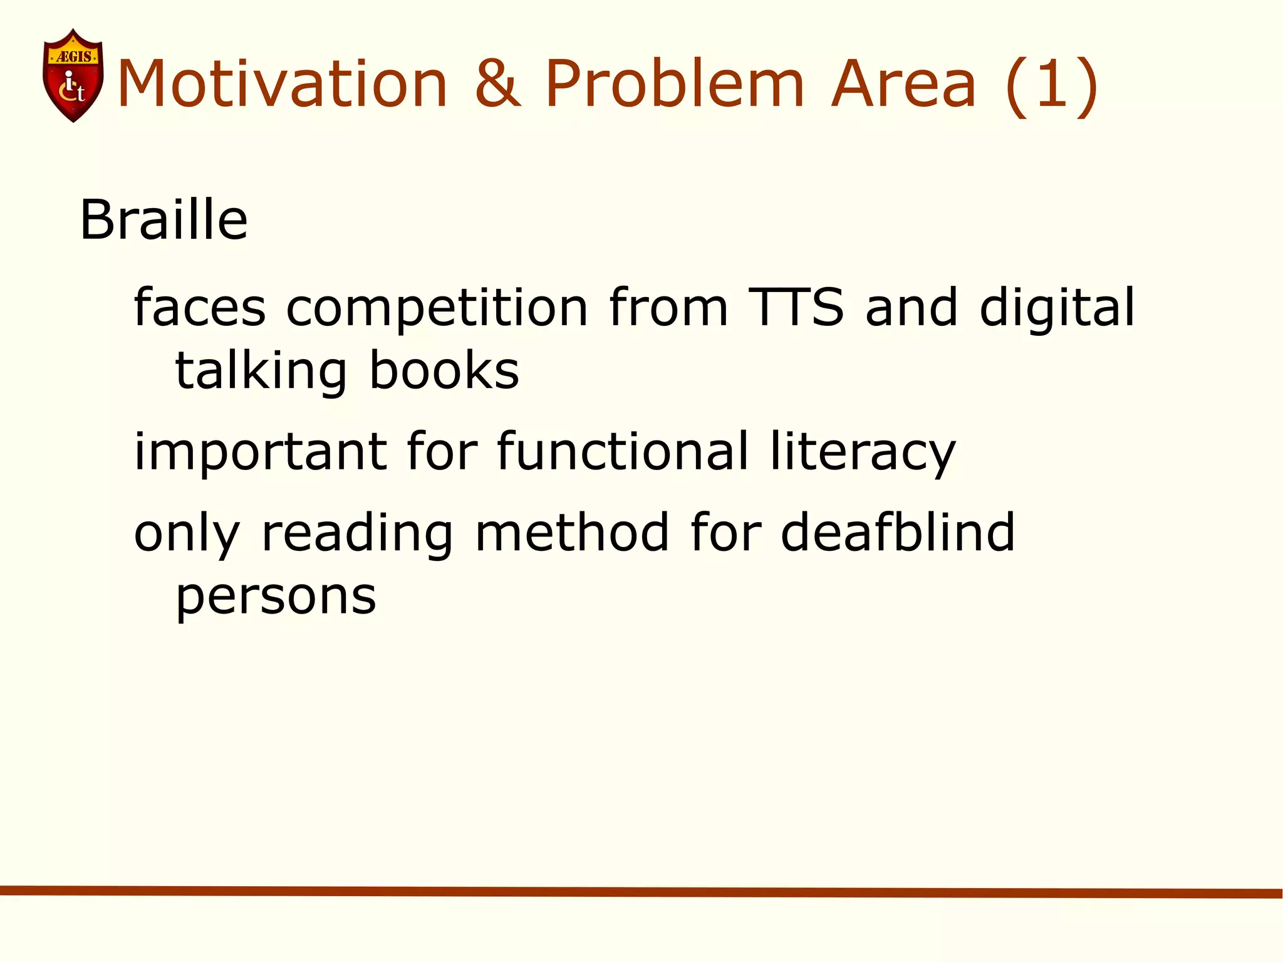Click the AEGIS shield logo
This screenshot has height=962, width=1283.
(x=73, y=76)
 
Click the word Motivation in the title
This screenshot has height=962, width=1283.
(x=283, y=84)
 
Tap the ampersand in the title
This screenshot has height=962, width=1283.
(x=497, y=84)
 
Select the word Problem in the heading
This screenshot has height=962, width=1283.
(x=674, y=84)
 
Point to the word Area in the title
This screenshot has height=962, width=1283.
(x=903, y=84)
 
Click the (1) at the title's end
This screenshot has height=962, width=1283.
(x=1052, y=85)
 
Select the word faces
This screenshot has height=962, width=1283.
(x=200, y=308)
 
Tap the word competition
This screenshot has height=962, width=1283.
(x=437, y=308)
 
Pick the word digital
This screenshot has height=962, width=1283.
(x=1057, y=308)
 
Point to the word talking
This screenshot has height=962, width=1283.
(x=261, y=372)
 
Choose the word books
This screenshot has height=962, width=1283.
(x=444, y=370)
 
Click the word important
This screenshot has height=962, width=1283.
(x=261, y=452)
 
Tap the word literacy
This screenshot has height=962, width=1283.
(x=863, y=452)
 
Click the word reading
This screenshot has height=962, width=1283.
(x=356, y=534)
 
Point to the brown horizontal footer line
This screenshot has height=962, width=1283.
(x=641, y=892)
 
